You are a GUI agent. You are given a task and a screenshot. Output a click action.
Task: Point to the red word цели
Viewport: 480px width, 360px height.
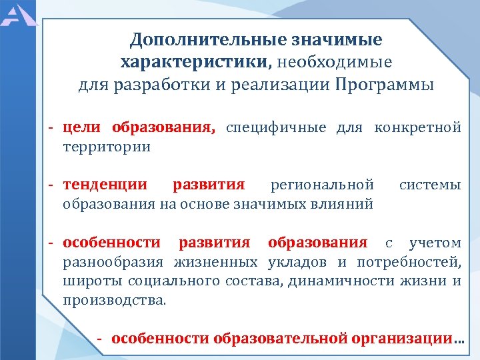click(83, 127)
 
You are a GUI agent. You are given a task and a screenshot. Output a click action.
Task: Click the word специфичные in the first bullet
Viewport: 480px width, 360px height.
click(276, 127)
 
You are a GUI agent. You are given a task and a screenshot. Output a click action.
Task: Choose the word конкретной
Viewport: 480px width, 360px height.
click(418, 127)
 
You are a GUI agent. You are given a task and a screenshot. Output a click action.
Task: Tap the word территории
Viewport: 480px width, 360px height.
click(107, 146)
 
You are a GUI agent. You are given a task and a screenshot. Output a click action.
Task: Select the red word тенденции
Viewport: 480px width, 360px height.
click(105, 184)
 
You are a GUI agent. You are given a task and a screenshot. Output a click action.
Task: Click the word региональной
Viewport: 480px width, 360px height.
click(322, 184)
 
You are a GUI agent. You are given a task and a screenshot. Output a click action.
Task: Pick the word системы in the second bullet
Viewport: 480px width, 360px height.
click(430, 184)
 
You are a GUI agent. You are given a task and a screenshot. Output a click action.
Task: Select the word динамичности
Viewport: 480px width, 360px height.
click(343, 281)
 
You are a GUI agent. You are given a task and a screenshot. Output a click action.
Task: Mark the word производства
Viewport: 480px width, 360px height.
click(113, 300)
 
